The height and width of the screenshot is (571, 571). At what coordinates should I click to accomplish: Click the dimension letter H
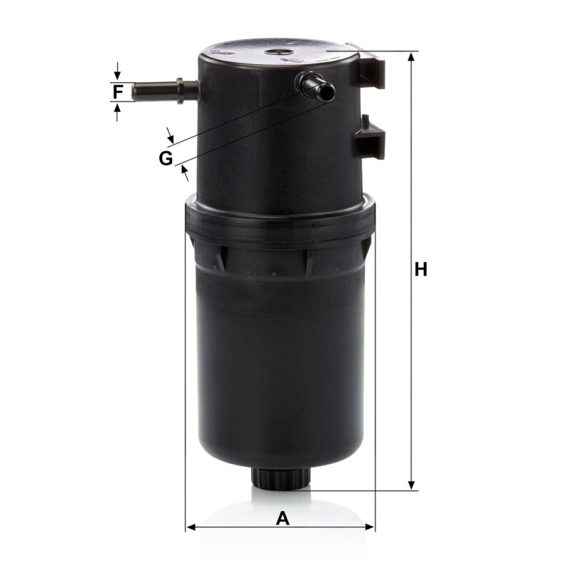420,270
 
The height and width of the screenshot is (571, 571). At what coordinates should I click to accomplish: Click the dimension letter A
283,519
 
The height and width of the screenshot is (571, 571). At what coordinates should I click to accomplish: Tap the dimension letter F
117,91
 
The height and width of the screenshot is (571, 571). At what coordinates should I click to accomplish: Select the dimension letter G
166,158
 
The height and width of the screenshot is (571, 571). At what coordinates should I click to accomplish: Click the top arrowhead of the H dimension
411,57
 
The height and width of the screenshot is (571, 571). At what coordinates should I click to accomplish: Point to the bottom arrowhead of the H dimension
411,485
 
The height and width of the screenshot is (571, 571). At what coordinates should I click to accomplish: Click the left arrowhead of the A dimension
191,527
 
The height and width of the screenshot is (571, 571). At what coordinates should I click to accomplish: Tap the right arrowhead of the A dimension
369,527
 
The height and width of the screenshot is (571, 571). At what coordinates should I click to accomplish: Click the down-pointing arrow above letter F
117,71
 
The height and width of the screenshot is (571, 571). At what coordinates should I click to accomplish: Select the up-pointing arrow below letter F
117,112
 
